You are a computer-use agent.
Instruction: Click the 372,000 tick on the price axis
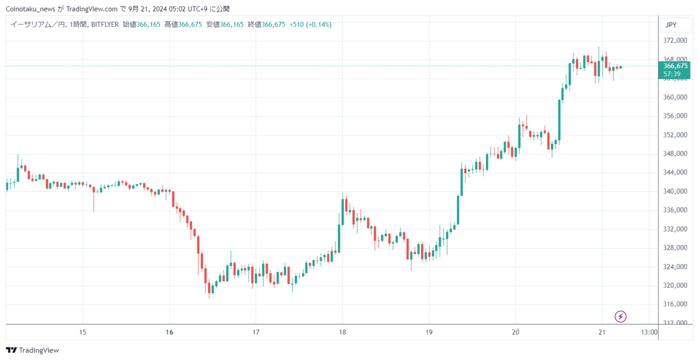pyautogui.click(x=674, y=41)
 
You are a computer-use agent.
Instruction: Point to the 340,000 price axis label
pyautogui.click(x=674, y=192)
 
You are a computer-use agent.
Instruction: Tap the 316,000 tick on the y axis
pyautogui.click(x=674, y=304)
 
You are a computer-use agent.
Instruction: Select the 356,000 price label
pyautogui.click(x=674, y=116)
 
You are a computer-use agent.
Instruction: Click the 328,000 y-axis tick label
pyautogui.click(x=674, y=248)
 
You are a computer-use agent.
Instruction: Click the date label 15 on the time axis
pyautogui.click(x=83, y=332)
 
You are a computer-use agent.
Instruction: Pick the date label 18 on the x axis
pyautogui.click(x=342, y=332)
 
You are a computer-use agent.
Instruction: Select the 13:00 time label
pyautogui.click(x=649, y=332)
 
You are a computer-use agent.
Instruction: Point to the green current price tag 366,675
pyautogui.click(x=675, y=66)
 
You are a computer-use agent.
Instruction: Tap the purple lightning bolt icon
pyautogui.click(x=620, y=316)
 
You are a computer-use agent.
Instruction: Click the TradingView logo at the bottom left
pyautogui.click(x=32, y=350)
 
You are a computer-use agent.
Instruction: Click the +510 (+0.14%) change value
pyautogui.click(x=310, y=25)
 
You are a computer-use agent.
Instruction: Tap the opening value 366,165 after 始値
pyautogui.click(x=149, y=25)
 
